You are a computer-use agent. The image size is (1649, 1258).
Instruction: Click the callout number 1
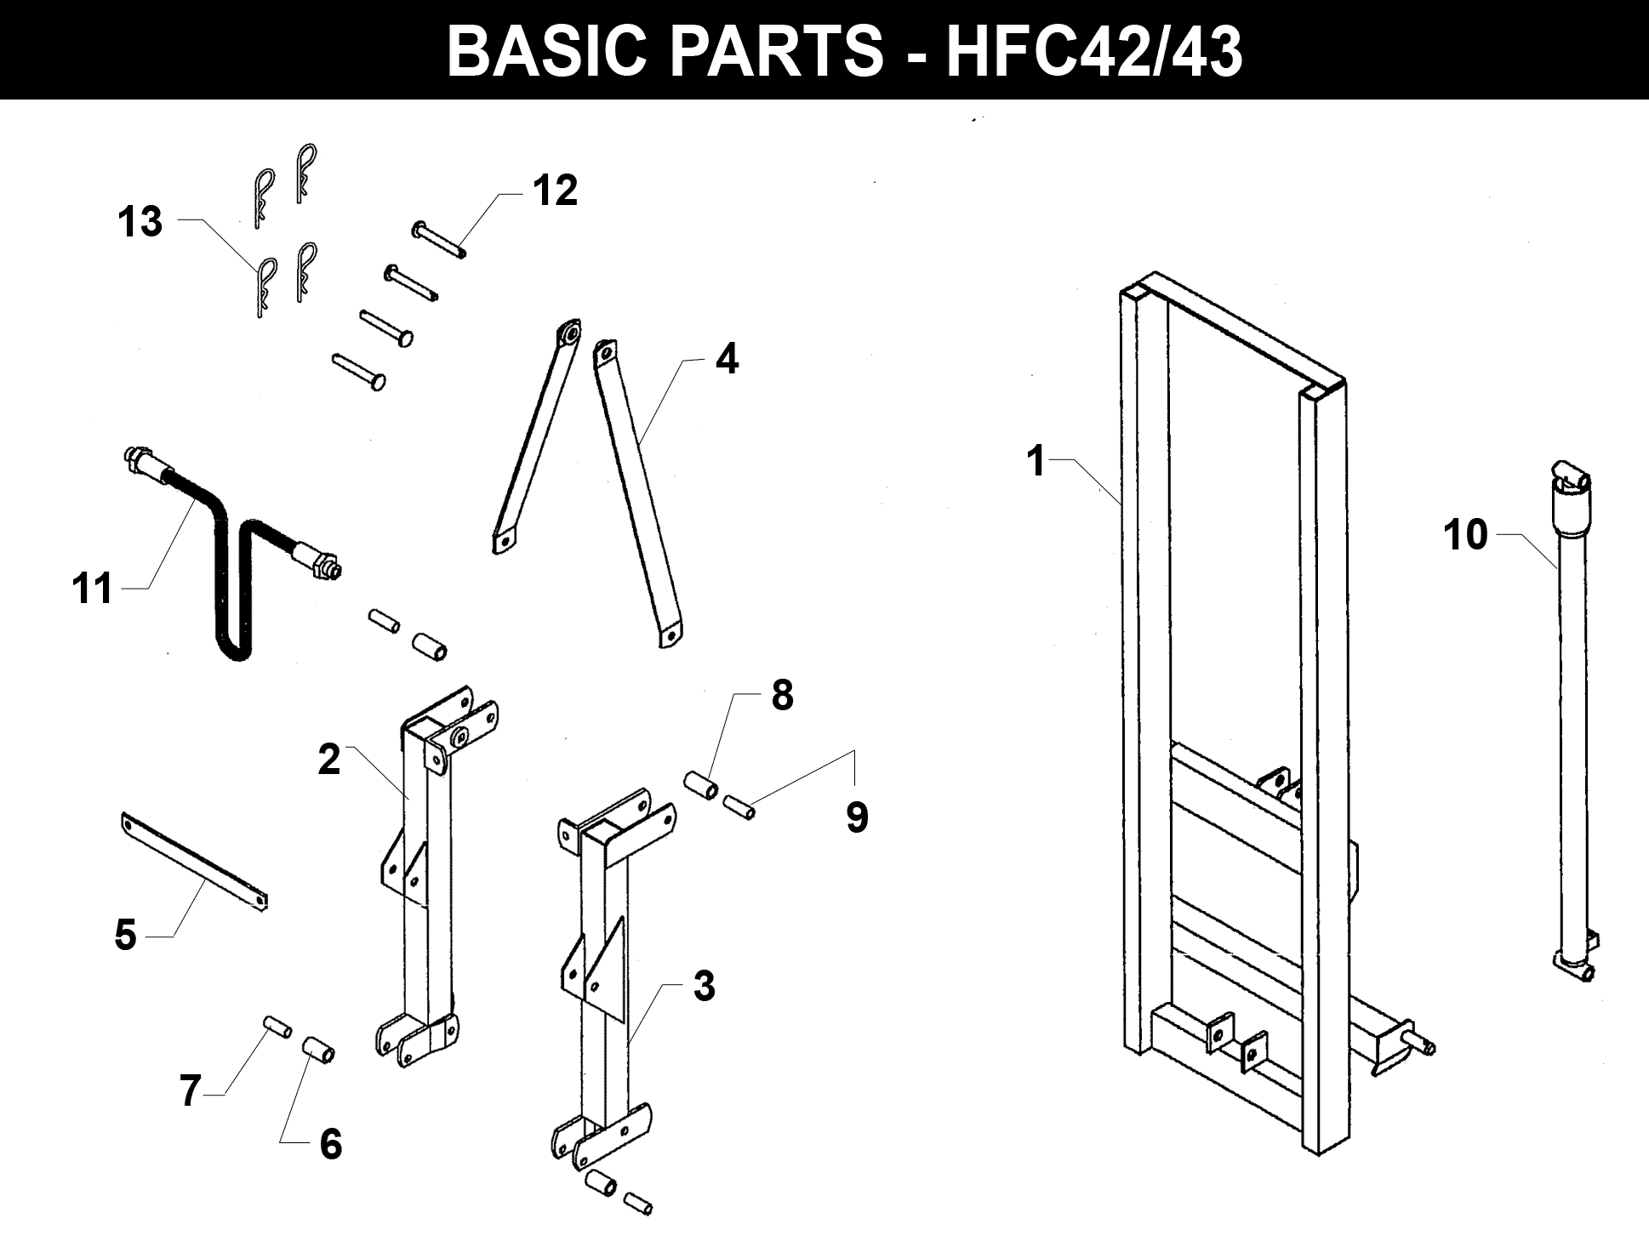[x=1035, y=462]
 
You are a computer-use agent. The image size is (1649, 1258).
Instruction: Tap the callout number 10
[x=1465, y=535]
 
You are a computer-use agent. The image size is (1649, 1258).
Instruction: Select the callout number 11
[x=93, y=589]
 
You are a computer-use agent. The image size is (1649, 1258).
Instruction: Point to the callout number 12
[x=555, y=191]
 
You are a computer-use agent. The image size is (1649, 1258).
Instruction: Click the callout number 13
[x=140, y=222]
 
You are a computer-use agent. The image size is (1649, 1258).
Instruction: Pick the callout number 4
[x=726, y=360]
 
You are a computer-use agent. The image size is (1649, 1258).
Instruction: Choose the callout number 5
[x=125, y=936]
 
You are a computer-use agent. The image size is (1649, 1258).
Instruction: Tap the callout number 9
[x=857, y=817]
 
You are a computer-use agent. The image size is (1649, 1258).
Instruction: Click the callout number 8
[x=782, y=695]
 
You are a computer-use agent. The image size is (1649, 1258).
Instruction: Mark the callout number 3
[x=704, y=987]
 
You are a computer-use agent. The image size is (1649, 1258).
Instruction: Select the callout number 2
[x=329, y=759]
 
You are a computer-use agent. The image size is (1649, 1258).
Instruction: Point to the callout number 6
[x=330, y=1144]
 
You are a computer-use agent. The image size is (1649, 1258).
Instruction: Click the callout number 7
[x=190, y=1091]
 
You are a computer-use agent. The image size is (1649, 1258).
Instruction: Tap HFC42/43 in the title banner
[x=1094, y=51]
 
